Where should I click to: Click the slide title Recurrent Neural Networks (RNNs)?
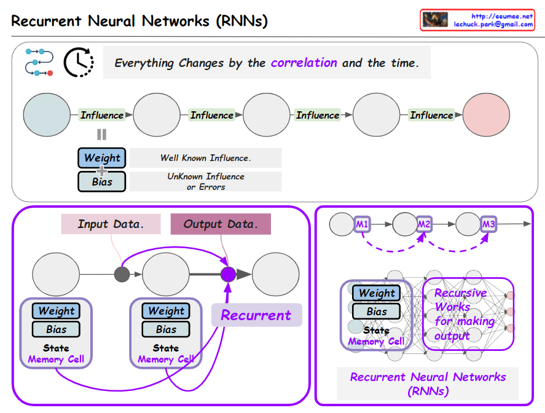pyautogui.click(x=139, y=21)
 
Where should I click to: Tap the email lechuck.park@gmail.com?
pyautogui.click(x=493, y=25)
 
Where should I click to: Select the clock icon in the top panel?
pyautogui.click(x=79, y=63)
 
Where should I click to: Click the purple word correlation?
pyautogui.click(x=304, y=63)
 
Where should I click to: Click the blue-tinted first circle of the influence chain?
pyautogui.click(x=47, y=115)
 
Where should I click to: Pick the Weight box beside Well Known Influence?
pyautogui.click(x=102, y=158)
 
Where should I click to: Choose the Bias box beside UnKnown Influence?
pyautogui.click(x=102, y=181)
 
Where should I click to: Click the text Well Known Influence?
pyautogui.click(x=205, y=158)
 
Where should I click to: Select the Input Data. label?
pyautogui.click(x=111, y=224)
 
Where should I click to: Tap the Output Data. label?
pyautogui.click(x=221, y=224)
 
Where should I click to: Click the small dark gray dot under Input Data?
pyautogui.click(x=122, y=273)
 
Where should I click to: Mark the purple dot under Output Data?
pyautogui.click(x=228, y=273)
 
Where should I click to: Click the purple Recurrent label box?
pyautogui.click(x=256, y=315)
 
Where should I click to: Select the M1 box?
pyautogui.click(x=362, y=224)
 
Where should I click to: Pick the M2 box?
pyautogui.click(x=424, y=224)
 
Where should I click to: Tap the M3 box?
pyautogui.click(x=488, y=224)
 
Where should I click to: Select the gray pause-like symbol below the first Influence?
pyautogui.click(x=101, y=135)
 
